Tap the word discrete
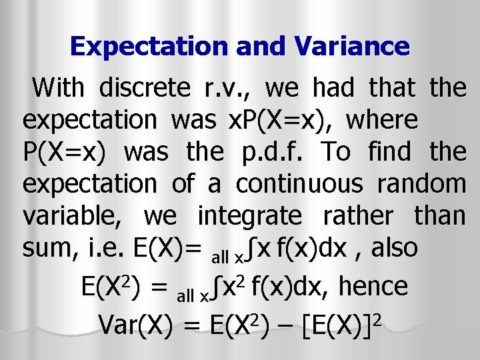[x=144, y=87]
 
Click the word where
[x=383, y=120]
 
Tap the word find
[x=393, y=152]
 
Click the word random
[x=420, y=184]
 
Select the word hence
[x=373, y=287]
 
